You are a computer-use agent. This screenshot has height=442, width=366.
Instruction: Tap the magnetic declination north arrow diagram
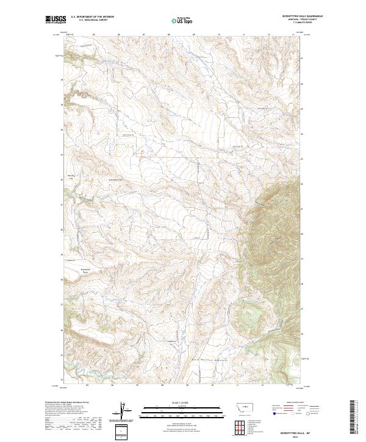click(121, 413)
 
